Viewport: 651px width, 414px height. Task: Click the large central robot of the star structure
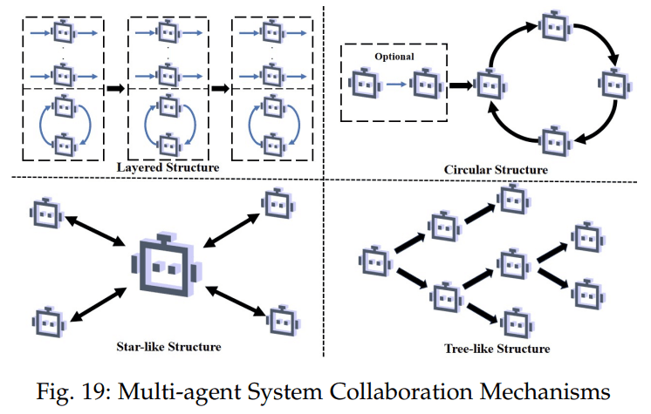[167, 266]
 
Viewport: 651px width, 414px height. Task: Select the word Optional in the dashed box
[394, 57]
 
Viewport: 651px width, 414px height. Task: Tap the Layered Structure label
[168, 167]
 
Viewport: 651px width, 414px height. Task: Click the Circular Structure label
[496, 170]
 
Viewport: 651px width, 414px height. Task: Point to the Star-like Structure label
[168, 346]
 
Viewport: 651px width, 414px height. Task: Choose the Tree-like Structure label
[497, 349]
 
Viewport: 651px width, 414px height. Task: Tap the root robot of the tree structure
[376, 261]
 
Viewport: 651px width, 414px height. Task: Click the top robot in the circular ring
[556, 26]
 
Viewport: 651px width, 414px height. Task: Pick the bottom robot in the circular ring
[556, 140]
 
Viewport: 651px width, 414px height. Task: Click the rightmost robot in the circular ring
[615, 84]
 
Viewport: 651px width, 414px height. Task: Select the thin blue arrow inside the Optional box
[396, 85]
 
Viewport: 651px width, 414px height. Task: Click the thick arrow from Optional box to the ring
[462, 85]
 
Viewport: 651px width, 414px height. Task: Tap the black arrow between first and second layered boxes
[115, 88]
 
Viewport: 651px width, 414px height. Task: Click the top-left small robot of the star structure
[46, 213]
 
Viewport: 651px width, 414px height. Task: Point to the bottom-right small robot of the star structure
[283, 321]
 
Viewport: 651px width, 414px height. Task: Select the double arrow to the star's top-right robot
[232, 230]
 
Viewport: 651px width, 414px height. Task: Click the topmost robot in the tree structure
[514, 200]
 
